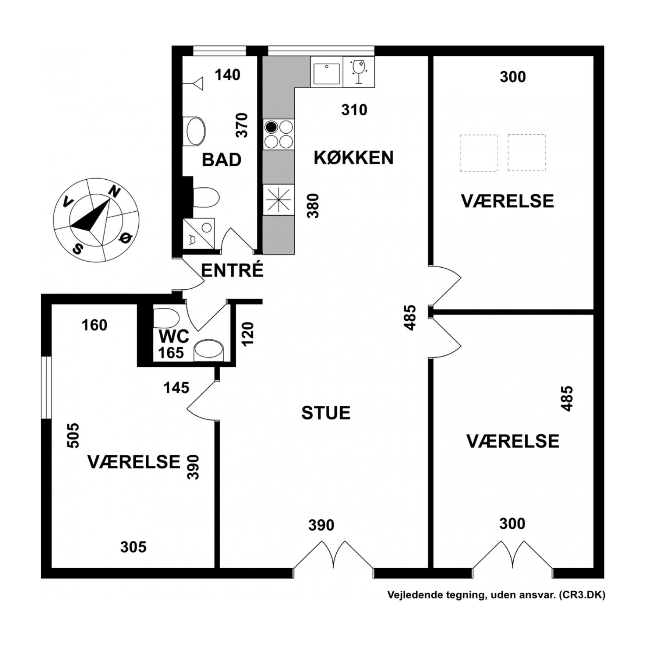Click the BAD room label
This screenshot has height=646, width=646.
[221, 160]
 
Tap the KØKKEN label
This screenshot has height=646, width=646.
[353, 158]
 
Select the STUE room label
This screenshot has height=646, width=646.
[326, 413]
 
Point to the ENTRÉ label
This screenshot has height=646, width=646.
[232, 270]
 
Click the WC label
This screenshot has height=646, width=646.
[174, 336]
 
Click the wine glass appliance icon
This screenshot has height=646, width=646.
[359, 72]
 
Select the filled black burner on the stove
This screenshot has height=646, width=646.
[271, 127]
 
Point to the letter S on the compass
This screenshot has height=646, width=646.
[78, 249]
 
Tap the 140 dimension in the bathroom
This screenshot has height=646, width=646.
[228, 75]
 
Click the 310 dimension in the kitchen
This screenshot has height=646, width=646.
[354, 110]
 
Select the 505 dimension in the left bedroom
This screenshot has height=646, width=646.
[73, 435]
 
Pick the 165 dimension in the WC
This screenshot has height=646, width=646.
[171, 353]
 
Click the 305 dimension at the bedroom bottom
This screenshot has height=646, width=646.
[133, 547]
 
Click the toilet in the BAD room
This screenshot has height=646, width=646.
[206, 197]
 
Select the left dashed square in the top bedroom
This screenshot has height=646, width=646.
[478, 153]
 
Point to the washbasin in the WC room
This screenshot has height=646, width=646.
[209, 350]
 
